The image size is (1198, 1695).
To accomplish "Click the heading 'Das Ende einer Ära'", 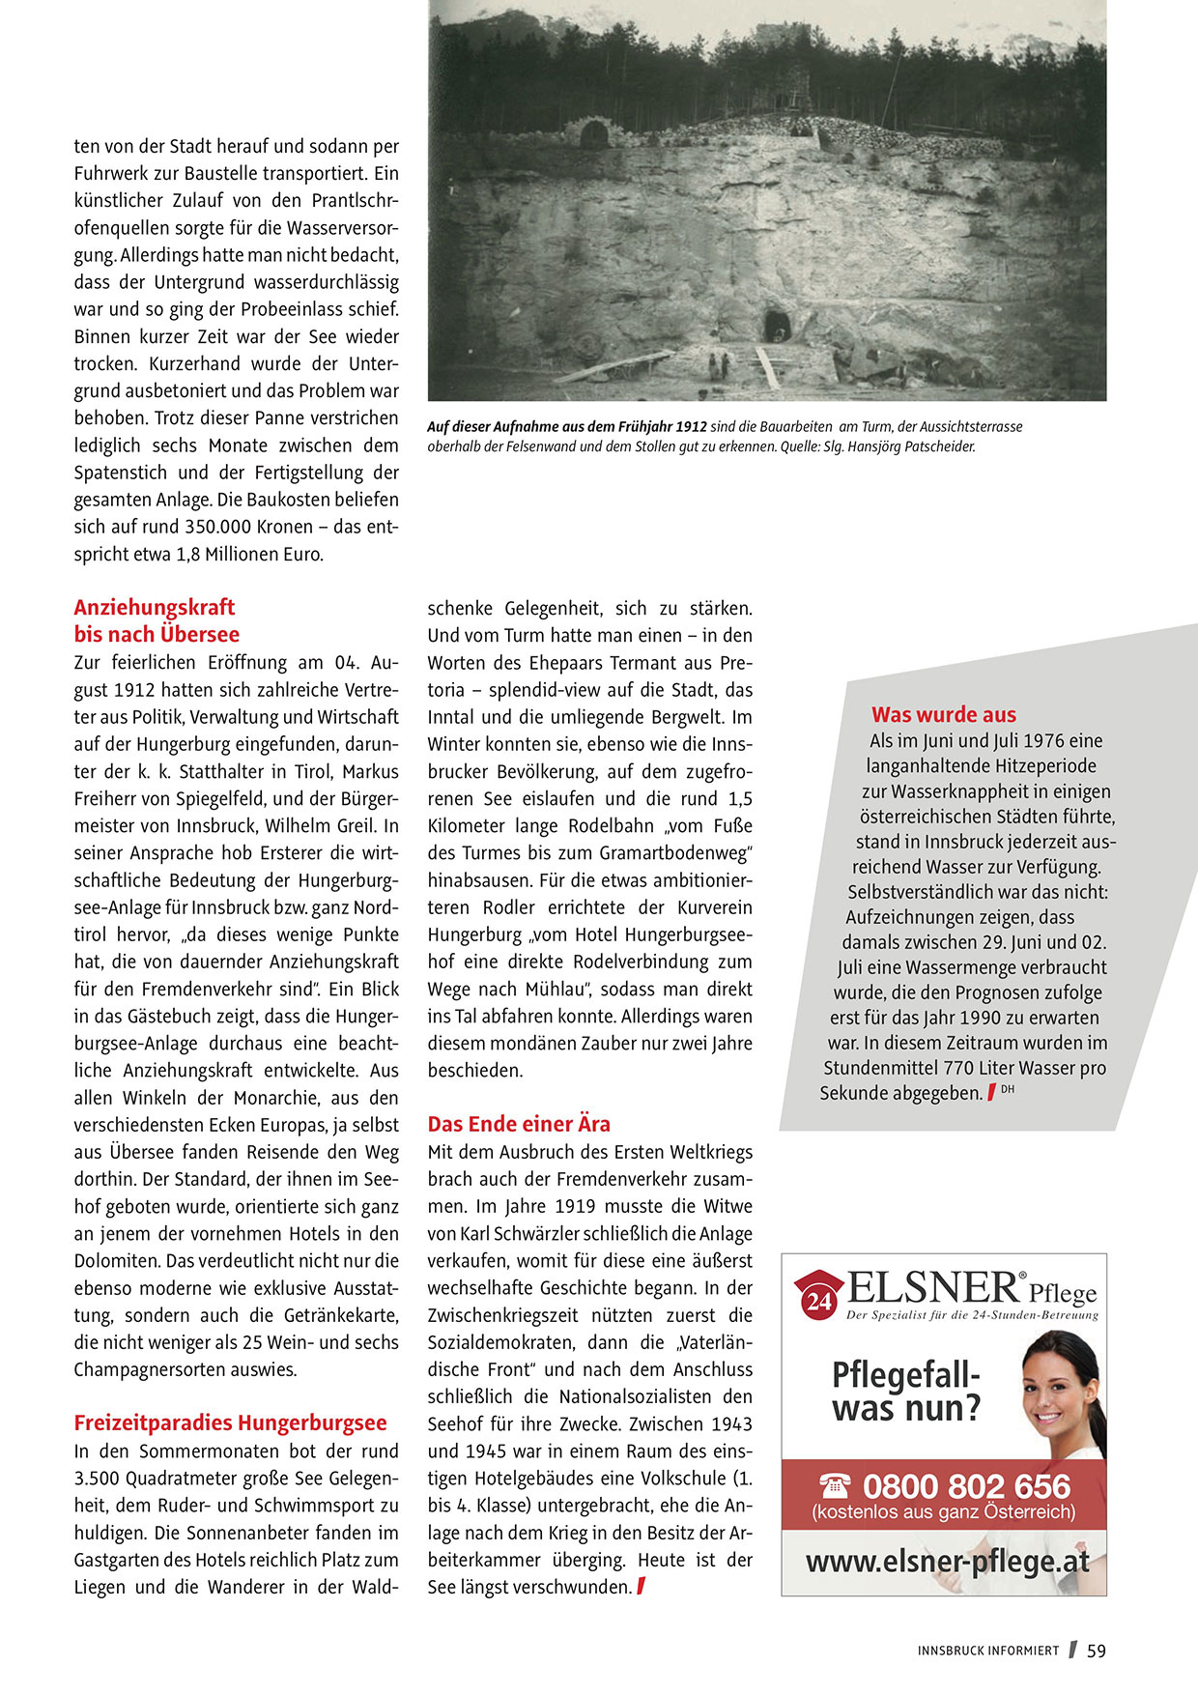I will pyautogui.click(x=519, y=1124).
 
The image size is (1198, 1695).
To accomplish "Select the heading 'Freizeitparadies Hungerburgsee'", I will pyautogui.click(x=230, y=1422).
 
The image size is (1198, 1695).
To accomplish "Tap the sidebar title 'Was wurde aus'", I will pyautogui.click(x=943, y=714).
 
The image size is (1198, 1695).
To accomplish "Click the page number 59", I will pyautogui.click(x=1096, y=1652).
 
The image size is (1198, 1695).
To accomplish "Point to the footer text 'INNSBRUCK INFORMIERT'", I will pyautogui.click(x=987, y=1652).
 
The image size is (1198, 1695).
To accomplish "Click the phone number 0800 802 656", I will pyautogui.click(x=966, y=1486).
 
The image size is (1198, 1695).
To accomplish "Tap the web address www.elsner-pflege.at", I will pyautogui.click(x=947, y=1563).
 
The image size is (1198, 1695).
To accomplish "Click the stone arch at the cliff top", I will pyautogui.click(x=594, y=132).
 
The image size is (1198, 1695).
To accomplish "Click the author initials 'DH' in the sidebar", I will pyautogui.click(x=1008, y=1090).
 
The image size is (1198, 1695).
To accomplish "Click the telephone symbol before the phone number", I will pyautogui.click(x=835, y=1485).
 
